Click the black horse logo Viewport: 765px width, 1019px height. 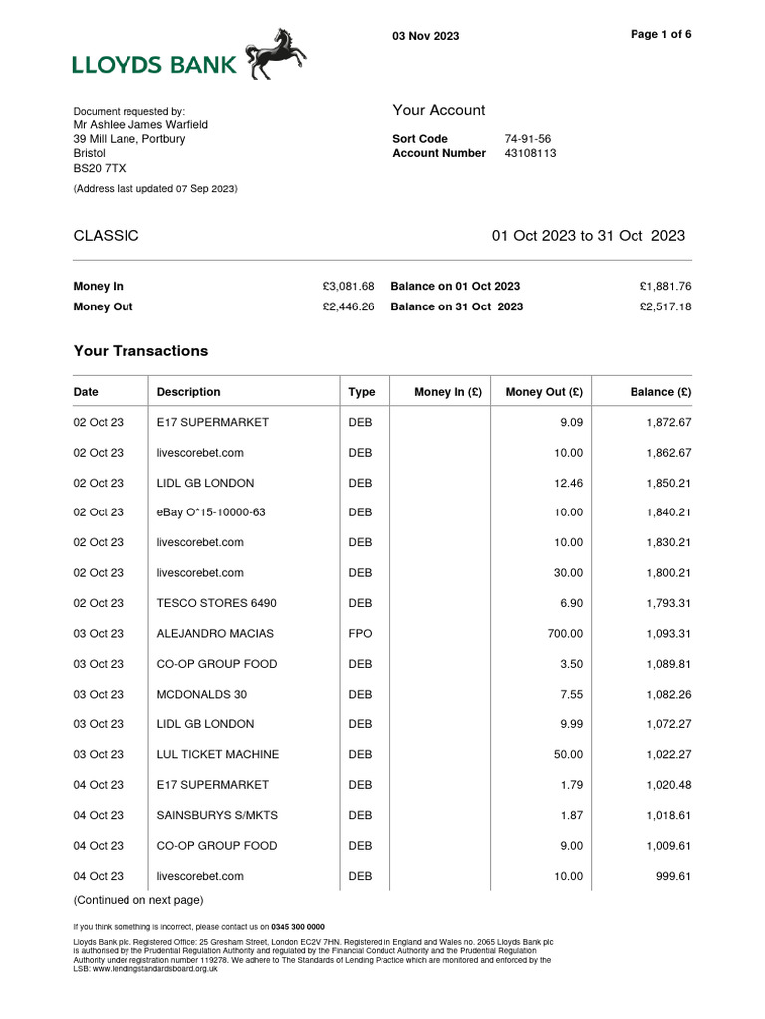[276, 54]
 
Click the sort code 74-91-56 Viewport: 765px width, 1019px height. [528, 139]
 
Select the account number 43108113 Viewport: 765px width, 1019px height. [530, 154]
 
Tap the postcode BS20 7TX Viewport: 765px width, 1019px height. [94, 169]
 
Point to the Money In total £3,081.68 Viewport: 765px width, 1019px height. [348, 287]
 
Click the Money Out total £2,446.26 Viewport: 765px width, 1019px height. [348, 307]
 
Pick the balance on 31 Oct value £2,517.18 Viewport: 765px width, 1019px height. [665, 307]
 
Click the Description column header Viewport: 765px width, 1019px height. [188, 392]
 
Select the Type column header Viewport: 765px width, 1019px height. [361, 392]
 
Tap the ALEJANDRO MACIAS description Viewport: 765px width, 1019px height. [215, 634]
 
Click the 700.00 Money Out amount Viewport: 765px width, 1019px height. [565, 634]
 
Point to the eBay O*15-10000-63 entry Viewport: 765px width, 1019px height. [211, 512]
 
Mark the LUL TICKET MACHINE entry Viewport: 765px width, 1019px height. [218, 755]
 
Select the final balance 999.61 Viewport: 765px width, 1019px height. [670, 877]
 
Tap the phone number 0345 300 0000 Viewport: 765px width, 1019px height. [298, 926]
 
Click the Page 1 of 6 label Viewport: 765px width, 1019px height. [661, 34]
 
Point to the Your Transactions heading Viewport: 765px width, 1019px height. [140, 351]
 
